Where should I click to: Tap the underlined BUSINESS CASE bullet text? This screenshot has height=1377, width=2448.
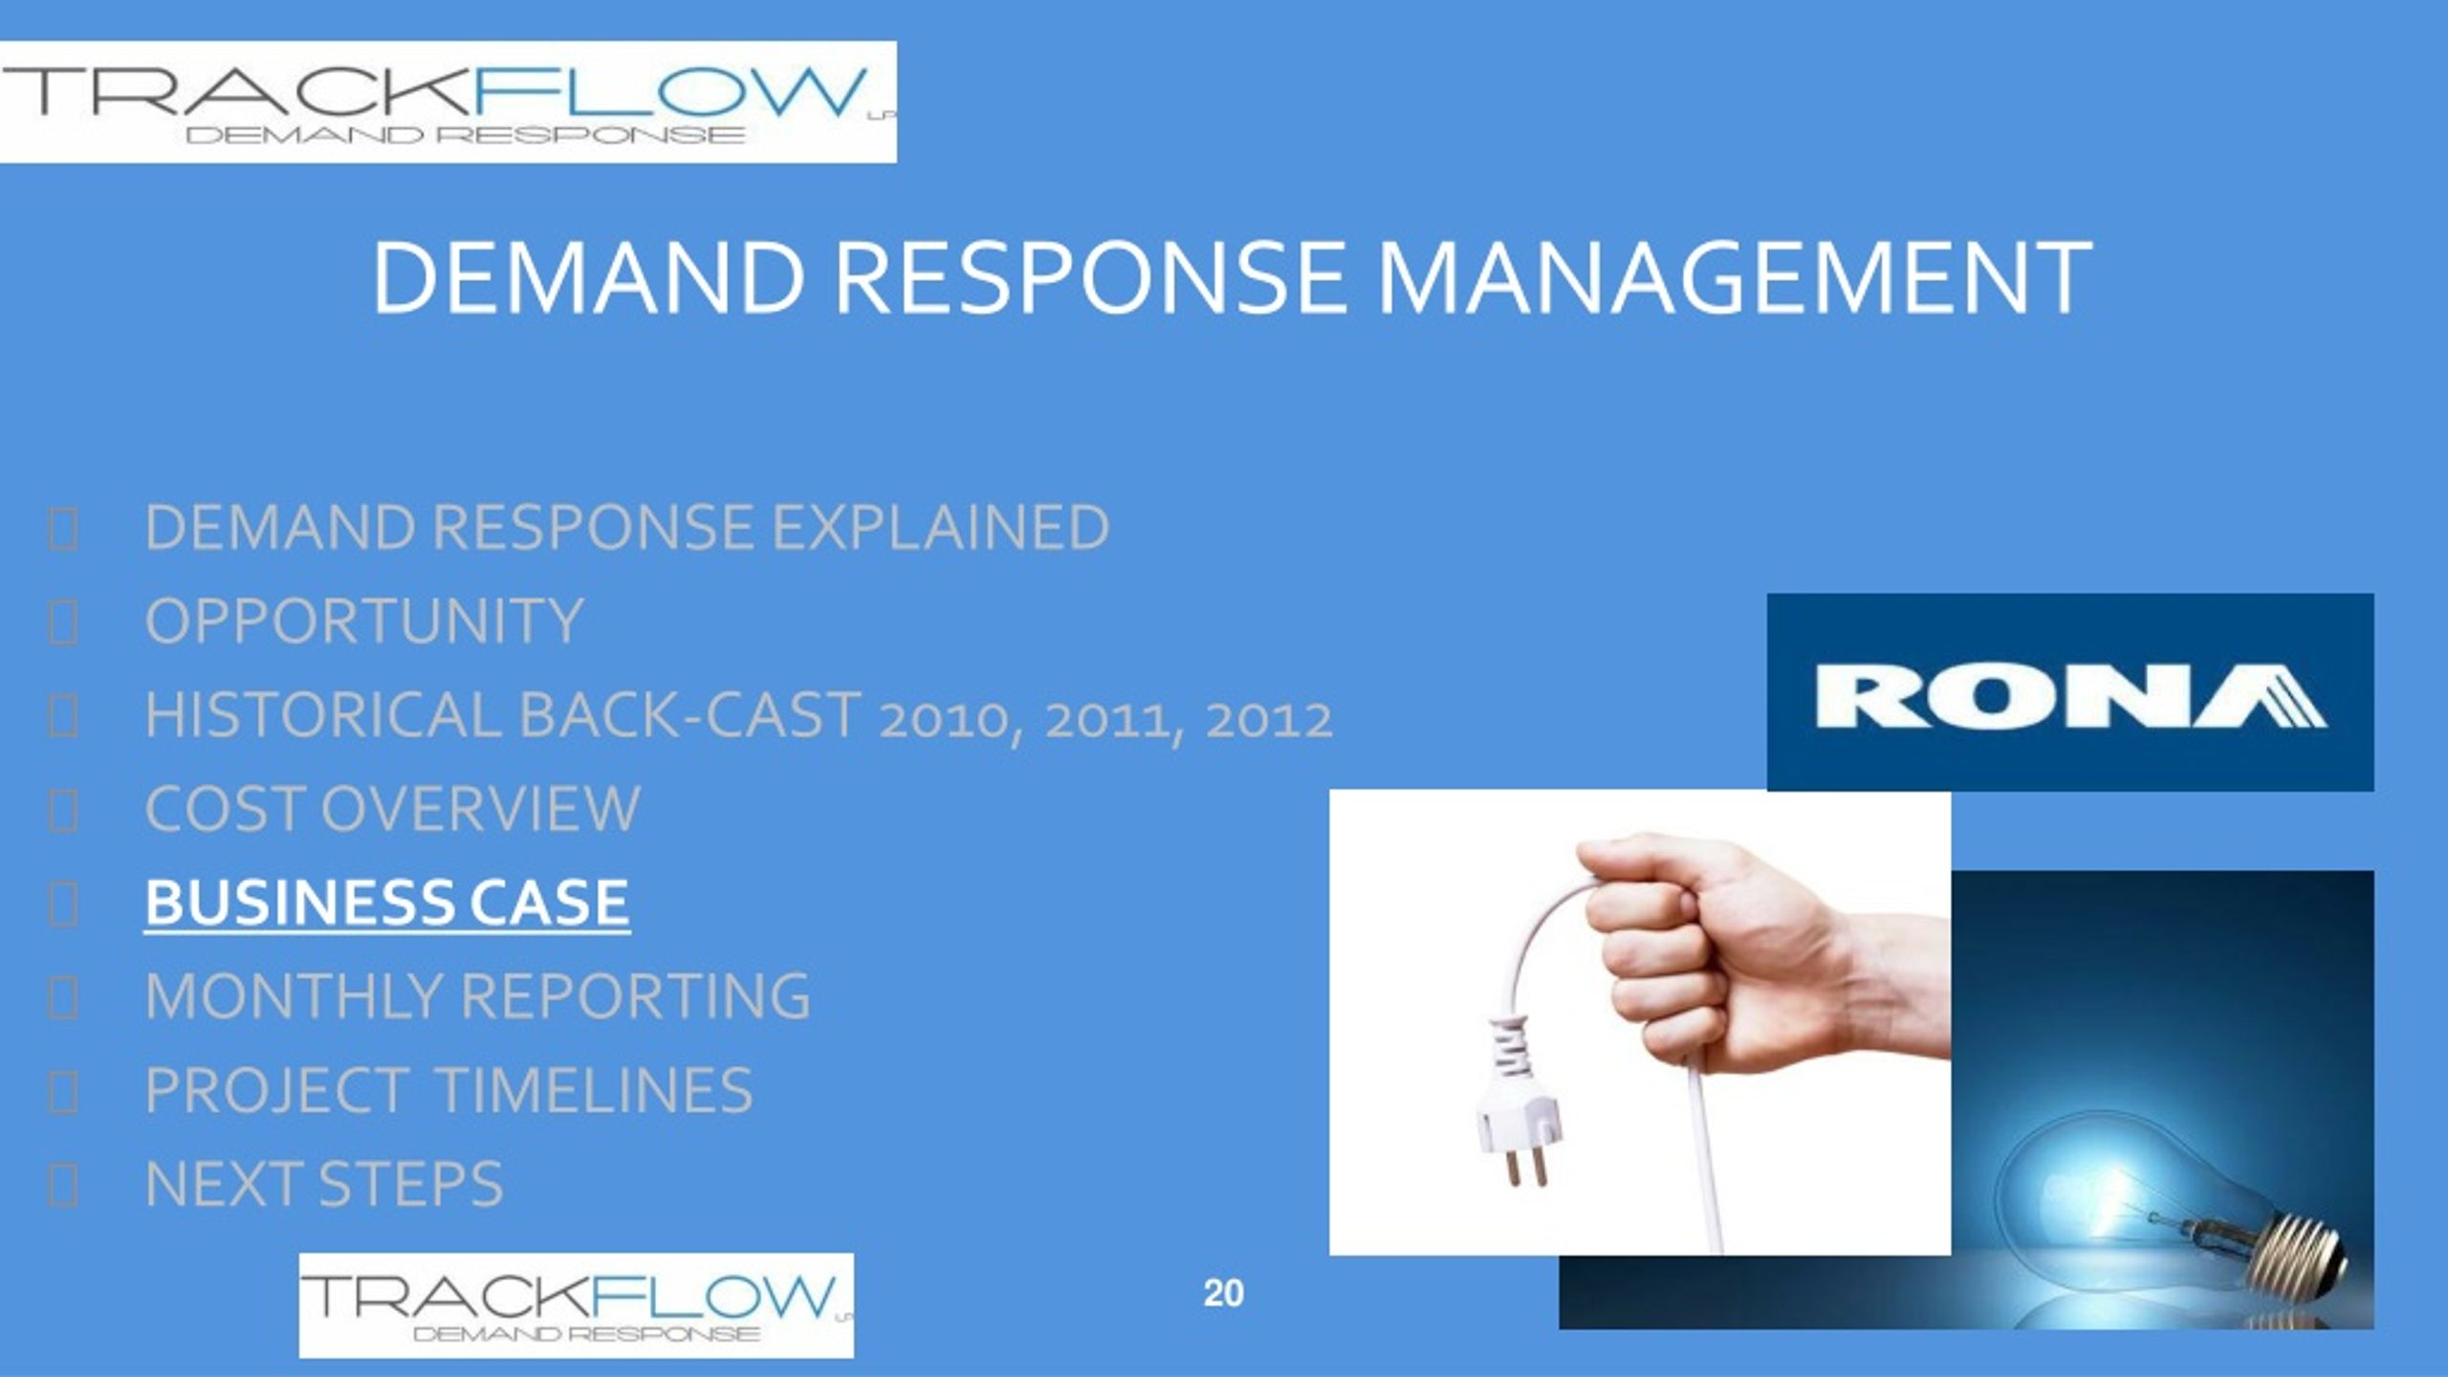click(387, 903)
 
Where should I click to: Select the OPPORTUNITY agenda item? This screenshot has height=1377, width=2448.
click(364, 621)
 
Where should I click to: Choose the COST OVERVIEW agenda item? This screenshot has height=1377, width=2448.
click(393, 808)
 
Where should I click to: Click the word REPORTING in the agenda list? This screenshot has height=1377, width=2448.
click(636, 995)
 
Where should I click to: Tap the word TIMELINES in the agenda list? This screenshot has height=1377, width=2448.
click(594, 1089)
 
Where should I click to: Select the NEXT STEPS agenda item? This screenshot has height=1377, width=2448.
click(324, 1183)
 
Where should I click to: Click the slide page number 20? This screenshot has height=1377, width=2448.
click(1224, 1294)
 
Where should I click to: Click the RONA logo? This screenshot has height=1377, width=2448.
click(2070, 692)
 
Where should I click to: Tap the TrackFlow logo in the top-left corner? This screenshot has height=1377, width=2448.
click(448, 102)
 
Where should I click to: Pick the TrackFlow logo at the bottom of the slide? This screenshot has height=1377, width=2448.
click(577, 1305)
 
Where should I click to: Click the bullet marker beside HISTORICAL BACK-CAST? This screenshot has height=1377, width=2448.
click(63, 717)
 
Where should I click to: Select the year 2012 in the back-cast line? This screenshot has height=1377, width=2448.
click(1268, 720)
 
